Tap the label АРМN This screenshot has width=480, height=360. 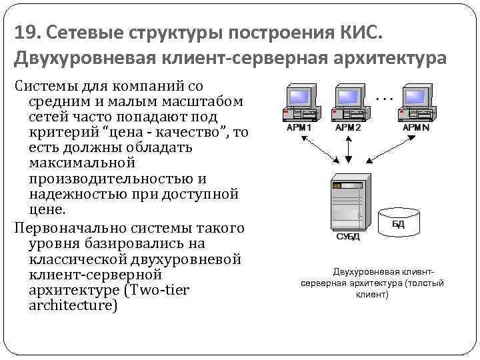pos(416,127)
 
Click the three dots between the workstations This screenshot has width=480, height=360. pos(384,98)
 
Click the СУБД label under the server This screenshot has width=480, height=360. pos(347,237)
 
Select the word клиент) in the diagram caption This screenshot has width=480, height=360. pos(372,294)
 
